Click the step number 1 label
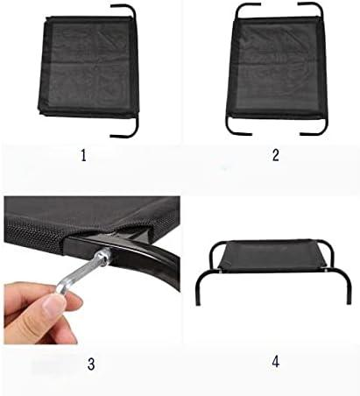click(83, 155)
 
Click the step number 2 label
click(276, 155)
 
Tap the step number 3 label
click(91, 364)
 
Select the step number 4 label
click(276, 362)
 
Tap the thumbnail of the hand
click(53, 306)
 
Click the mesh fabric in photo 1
click(88, 67)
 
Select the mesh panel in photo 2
click(277, 67)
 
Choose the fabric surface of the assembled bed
click(273, 255)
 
